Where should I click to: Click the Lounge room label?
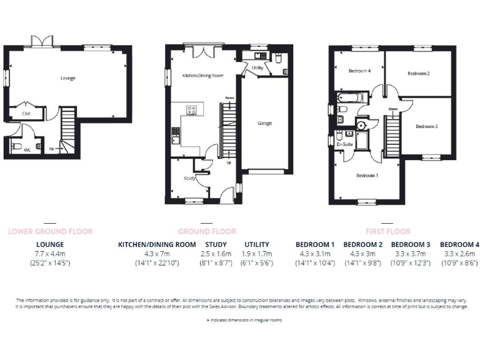68,78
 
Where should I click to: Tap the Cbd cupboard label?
26,114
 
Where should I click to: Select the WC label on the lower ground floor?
27,150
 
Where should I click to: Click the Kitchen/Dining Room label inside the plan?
202,76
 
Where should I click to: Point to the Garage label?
264,123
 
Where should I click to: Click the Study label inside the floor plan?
189,178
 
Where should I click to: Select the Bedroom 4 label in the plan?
360,71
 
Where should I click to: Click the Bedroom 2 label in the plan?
418,74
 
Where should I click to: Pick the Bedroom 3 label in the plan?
426,126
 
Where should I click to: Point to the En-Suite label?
344,144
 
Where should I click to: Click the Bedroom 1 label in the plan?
367,176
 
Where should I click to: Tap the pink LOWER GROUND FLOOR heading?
50,231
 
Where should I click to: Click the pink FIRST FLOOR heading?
387,231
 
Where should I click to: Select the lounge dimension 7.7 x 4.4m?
50,254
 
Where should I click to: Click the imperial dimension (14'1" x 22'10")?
157,264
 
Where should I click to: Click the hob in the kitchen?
191,111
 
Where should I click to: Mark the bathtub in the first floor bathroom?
346,98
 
